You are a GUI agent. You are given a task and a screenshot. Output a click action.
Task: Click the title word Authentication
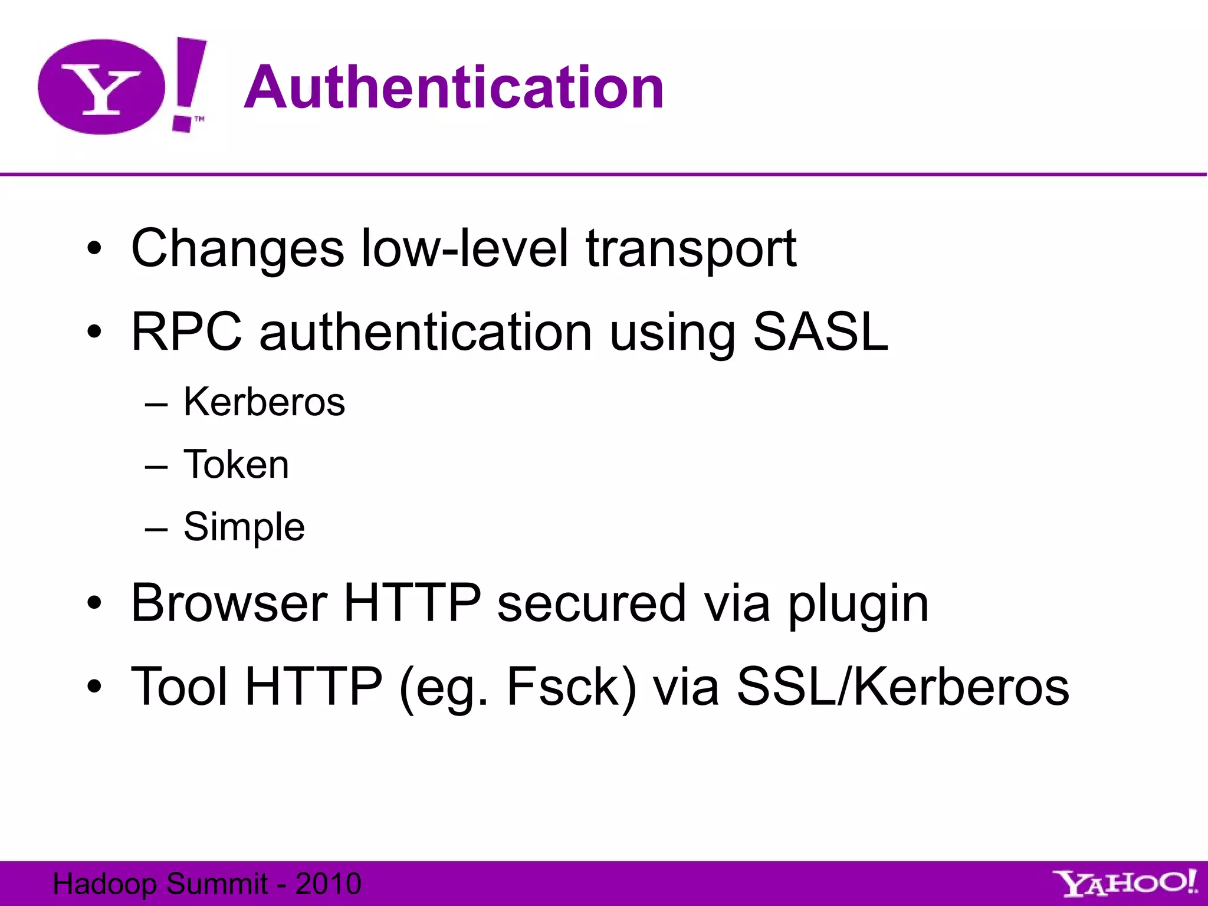(x=454, y=88)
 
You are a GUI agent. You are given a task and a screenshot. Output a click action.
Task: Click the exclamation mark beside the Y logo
(x=188, y=83)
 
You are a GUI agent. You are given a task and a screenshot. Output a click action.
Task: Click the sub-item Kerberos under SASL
(x=264, y=402)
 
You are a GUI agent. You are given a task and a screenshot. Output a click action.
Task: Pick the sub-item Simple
(x=244, y=527)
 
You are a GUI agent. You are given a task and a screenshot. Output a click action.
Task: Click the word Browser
(x=229, y=603)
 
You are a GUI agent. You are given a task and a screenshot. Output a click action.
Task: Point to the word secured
(x=592, y=603)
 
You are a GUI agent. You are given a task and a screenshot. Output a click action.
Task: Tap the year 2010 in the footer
(x=328, y=884)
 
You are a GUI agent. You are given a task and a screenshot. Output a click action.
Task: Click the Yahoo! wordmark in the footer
(x=1125, y=884)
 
